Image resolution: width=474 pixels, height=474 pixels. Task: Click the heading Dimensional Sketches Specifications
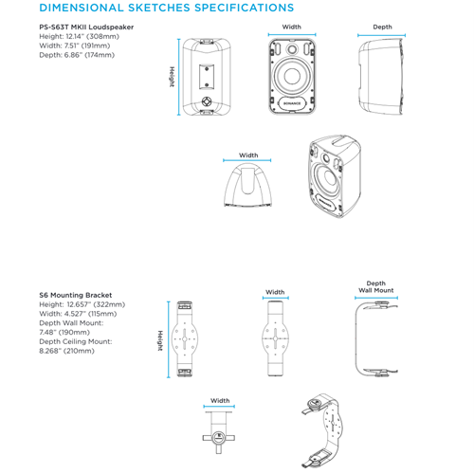(167, 8)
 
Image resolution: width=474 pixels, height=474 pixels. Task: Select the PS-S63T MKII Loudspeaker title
(86, 27)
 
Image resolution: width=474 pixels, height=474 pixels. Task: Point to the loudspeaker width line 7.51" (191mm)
(75, 46)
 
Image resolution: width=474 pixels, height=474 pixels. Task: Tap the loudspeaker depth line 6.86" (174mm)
(77, 55)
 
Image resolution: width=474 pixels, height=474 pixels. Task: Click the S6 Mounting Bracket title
(76, 295)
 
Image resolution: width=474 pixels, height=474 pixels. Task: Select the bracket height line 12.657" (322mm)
(82, 304)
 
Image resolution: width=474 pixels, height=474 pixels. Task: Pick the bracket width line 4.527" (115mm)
(78, 314)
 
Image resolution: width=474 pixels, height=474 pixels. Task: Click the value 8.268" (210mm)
(66, 351)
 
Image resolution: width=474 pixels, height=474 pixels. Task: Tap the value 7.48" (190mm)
(64, 333)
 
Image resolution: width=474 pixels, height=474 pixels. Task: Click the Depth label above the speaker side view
(382, 27)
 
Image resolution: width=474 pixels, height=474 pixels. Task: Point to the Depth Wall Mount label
(376, 287)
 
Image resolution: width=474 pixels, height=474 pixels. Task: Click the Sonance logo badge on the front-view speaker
(292, 103)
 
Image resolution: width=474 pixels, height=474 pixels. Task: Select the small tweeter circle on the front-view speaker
(292, 49)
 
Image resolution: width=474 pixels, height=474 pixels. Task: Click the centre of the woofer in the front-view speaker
(292, 76)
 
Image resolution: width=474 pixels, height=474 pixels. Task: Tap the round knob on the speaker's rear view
(207, 101)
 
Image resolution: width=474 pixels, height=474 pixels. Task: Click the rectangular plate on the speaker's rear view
(207, 77)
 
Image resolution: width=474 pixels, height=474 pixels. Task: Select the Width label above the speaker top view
(248, 155)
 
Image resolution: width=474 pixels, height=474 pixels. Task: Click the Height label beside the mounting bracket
(160, 340)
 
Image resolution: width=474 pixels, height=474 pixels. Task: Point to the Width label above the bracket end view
(220, 401)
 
